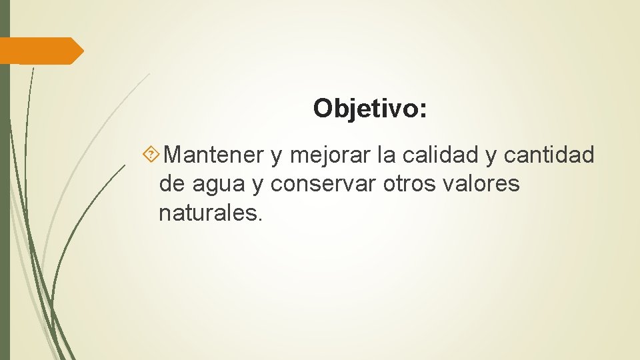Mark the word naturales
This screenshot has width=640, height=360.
click(x=208, y=213)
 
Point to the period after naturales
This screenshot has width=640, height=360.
click(x=261, y=219)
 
